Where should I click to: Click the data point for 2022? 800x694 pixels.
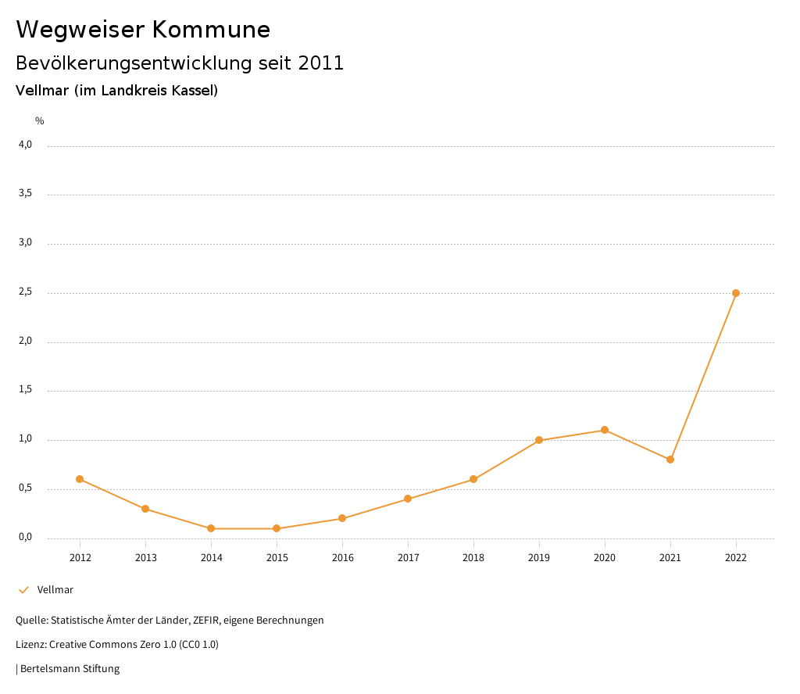736,293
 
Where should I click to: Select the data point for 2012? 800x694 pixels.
80,479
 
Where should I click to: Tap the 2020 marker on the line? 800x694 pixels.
605,430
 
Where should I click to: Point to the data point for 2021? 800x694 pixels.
670,460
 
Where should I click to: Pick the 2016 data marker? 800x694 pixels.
342,518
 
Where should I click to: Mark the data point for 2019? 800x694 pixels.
539,440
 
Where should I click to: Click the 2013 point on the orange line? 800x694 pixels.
145,509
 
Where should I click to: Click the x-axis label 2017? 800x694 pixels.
408,558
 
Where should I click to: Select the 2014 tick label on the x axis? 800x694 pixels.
211,558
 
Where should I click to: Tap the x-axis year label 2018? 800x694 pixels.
473,558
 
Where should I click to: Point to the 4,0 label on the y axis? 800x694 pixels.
26,145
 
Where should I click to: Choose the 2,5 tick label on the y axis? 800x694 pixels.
26,292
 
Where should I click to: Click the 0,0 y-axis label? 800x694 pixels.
26,538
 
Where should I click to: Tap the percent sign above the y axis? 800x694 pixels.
40,121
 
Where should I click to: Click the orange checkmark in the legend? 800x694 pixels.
23,590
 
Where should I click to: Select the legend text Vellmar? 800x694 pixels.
55,590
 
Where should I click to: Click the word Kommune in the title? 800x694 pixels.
211,30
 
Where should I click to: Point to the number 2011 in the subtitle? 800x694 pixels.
321,63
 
